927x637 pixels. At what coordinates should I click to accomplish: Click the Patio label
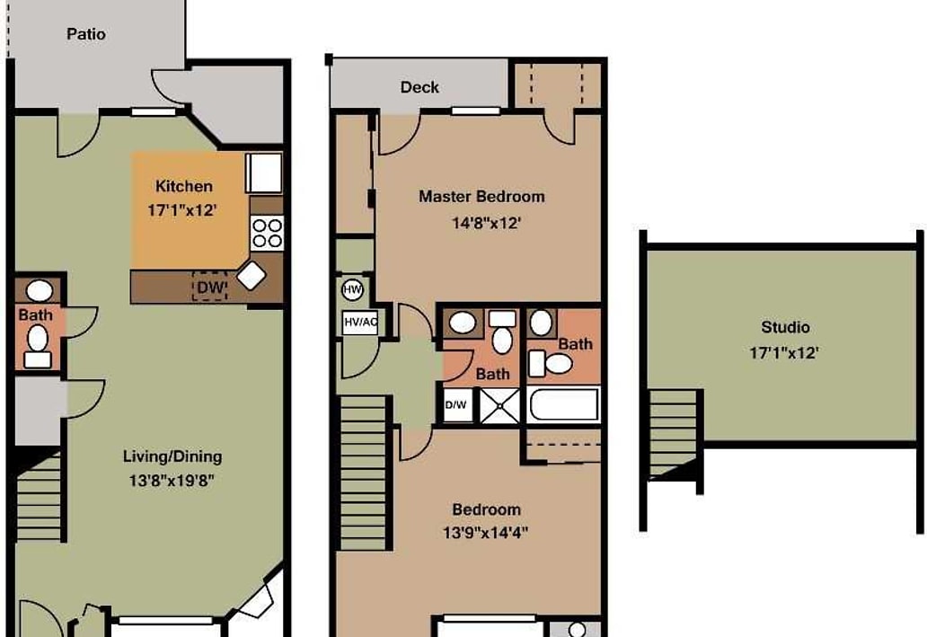click(85, 34)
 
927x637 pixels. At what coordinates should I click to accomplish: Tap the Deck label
click(419, 87)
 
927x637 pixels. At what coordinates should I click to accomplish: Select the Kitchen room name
click(184, 186)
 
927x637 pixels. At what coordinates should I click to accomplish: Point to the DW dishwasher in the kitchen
click(209, 287)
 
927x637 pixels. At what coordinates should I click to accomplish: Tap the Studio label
click(785, 327)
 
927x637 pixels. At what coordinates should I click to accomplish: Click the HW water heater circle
click(352, 289)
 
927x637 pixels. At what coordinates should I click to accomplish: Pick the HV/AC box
click(359, 323)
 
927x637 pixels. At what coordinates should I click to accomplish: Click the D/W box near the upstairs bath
click(456, 405)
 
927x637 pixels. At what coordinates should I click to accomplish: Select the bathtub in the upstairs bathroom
click(564, 404)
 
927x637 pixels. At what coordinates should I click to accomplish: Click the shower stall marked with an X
click(499, 405)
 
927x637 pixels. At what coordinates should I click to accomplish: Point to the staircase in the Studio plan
click(673, 431)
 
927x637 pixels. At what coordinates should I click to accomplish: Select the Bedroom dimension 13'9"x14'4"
click(486, 532)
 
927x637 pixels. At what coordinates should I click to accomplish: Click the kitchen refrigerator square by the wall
click(264, 173)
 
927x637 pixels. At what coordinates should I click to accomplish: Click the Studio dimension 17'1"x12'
click(785, 353)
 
